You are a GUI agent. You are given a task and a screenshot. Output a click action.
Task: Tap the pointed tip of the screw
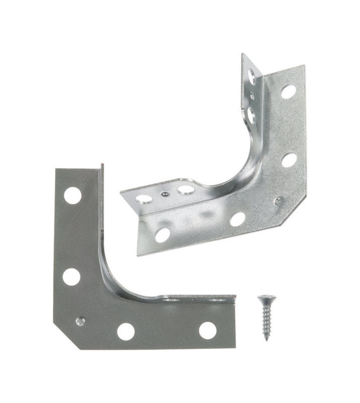tap(266, 339)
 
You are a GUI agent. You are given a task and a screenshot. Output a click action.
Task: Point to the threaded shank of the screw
tap(265, 320)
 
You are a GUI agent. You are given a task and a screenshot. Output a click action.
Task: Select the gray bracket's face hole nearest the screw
tap(207, 330)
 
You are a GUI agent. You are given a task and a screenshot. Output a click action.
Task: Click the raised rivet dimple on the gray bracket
tap(79, 320)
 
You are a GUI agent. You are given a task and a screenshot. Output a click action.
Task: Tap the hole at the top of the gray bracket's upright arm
tap(73, 195)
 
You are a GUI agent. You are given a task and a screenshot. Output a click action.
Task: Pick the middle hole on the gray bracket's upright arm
tap(71, 276)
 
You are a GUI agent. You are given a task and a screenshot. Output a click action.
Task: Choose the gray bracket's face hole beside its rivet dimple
tap(125, 331)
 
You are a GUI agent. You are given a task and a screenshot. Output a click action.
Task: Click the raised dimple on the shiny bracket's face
tap(277, 200)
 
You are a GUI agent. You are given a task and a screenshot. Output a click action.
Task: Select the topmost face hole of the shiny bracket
tap(288, 91)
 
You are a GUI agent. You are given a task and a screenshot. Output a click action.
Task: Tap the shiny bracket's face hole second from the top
tap(289, 160)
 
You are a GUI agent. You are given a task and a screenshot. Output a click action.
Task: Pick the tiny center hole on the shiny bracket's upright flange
tap(251, 95)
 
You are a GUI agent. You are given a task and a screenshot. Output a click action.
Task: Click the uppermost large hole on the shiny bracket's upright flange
tap(251, 77)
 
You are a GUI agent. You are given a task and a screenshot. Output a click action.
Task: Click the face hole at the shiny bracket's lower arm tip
tap(162, 234)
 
